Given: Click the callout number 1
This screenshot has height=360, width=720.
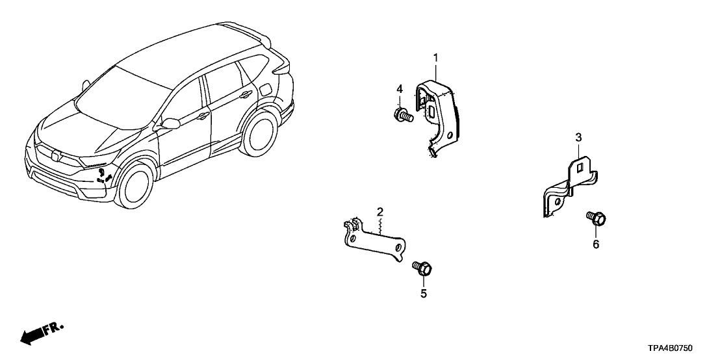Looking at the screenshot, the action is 436,58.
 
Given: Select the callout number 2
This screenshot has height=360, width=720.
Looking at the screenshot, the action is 379,212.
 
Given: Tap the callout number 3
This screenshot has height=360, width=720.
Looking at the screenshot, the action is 578,137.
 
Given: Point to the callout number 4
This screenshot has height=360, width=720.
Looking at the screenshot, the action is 400,89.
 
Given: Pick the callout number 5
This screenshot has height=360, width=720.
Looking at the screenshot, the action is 424,294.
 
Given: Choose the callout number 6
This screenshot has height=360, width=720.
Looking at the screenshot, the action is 596,244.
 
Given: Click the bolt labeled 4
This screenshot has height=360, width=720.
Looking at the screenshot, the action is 404,115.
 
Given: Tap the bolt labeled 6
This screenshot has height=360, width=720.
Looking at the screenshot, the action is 596,218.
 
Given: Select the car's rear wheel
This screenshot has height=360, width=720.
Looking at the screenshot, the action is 261,131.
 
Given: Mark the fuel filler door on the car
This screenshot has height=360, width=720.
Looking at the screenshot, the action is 265,89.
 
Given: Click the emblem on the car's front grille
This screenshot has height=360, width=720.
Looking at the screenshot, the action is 55,156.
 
